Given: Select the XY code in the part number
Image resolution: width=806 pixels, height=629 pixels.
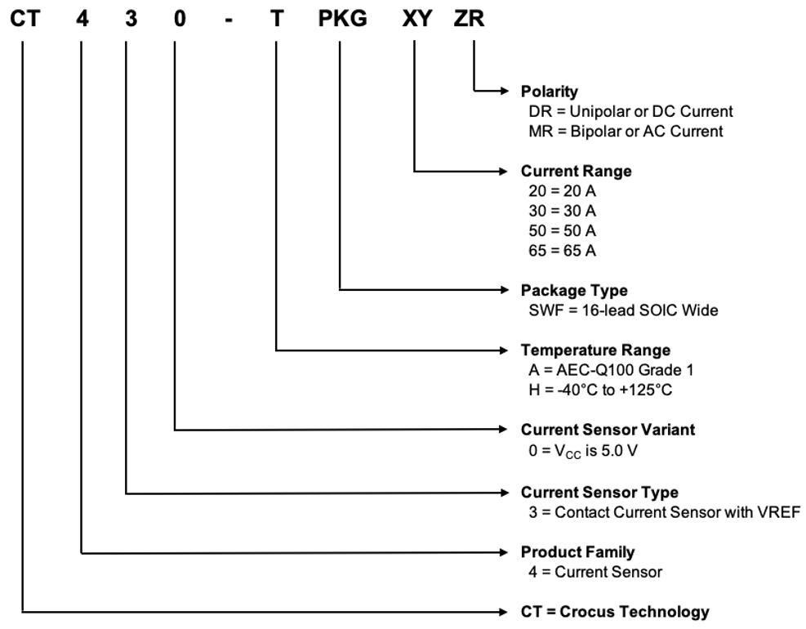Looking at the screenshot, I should point(416,18).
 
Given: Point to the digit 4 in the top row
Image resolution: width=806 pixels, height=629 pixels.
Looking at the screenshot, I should point(82,18).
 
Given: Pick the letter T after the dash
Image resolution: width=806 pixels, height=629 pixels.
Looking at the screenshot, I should point(277,18).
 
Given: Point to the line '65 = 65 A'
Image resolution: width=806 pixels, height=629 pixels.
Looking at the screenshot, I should point(563,251).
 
